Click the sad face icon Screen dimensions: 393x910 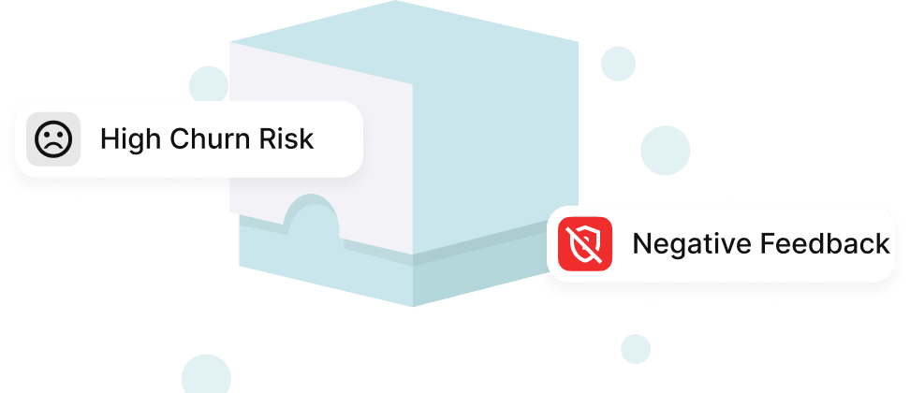[52, 139]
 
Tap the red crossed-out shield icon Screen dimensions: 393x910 [585, 244]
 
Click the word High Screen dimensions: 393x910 [131, 139]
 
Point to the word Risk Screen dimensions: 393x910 [287, 139]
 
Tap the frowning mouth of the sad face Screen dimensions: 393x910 [52, 146]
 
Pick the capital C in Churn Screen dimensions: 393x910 [182, 139]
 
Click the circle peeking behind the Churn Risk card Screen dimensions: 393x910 [208, 84]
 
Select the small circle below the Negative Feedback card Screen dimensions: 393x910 [635, 349]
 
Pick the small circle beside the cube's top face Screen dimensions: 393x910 [618, 64]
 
